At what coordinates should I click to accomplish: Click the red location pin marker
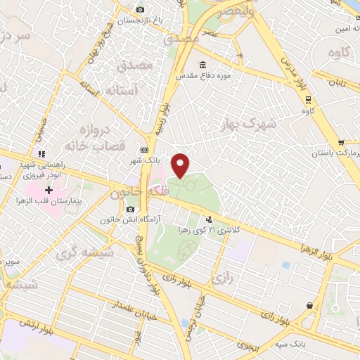click(x=181, y=165)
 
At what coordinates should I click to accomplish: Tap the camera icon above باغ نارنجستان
click(x=140, y=10)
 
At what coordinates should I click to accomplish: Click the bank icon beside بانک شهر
click(x=144, y=150)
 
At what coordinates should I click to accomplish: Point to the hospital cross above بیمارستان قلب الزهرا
click(x=49, y=190)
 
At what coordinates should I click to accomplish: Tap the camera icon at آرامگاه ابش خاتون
click(x=130, y=209)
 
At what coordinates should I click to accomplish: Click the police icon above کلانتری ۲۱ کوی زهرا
click(x=207, y=218)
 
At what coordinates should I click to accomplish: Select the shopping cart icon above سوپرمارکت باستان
click(x=341, y=143)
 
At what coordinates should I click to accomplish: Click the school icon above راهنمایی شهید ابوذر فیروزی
click(x=42, y=154)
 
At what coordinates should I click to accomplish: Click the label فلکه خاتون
click(x=136, y=192)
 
